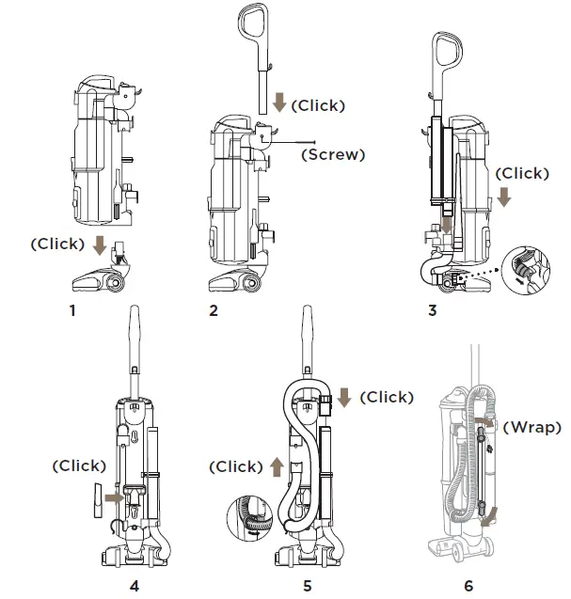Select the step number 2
pyautogui.click(x=214, y=310)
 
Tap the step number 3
pyautogui.click(x=432, y=310)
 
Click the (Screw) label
pyautogui.click(x=332, y=155)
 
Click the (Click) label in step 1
pyautogui.click(x=57, y=243)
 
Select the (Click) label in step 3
pyautogui.click(x=521, y=173)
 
